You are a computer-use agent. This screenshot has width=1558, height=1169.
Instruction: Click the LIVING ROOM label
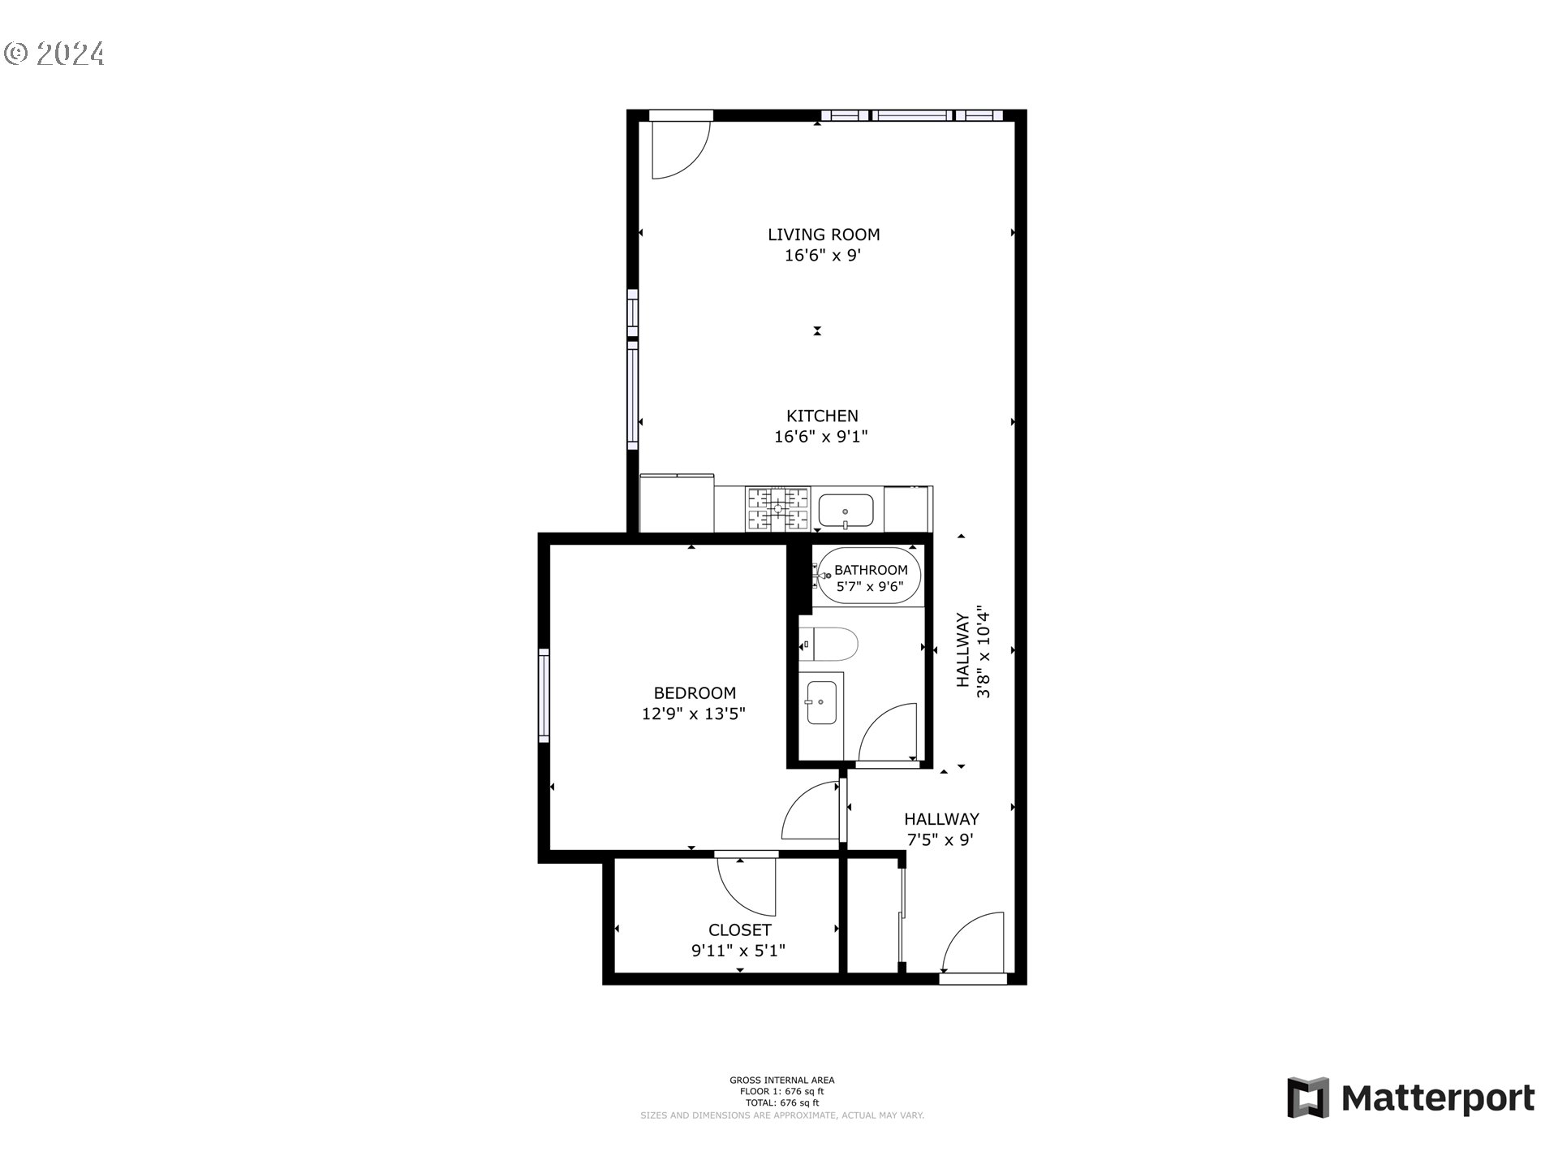pyautogui.click(x=824, y=235)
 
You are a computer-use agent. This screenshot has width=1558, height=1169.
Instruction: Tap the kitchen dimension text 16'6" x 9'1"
pyautogui.click(x=821, y=437)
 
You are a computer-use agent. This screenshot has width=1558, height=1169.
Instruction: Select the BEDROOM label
pyautogui.click(x=695, y=692)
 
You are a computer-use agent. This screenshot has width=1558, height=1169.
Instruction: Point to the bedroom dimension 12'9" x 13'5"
pyautogui.click(x=693, y=714)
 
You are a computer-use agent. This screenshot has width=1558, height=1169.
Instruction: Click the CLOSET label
pyautogui.click(x=739, y=930)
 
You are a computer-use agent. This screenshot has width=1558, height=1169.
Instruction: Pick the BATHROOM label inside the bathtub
pyautogui.click(x=871, y=570)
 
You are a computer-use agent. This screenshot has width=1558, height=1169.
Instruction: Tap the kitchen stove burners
pyautogui.click(x=778, y=509)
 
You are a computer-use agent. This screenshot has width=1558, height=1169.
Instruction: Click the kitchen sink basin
pyautogui.click(x=845, y=511)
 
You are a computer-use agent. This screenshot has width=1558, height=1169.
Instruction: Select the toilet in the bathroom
pyautogui.click(x=832, y=644)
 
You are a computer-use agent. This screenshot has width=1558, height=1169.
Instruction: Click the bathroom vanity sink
pyautogui.click(x=821, y=701)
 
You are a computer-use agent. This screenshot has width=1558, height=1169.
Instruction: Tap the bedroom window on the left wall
pyautogui.click(x=544, y=695)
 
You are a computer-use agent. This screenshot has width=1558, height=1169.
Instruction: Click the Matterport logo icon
pyautogui.click(x=1307, y=1098)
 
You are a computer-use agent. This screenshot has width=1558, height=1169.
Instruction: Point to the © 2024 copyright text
pyautogui.click(x=54, y=54)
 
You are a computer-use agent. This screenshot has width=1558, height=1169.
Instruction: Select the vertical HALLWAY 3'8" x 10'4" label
pyautogui.click(x=973, y=651)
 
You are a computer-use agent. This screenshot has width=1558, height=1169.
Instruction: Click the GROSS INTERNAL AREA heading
pyautogui.click(x=781, y=1080)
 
